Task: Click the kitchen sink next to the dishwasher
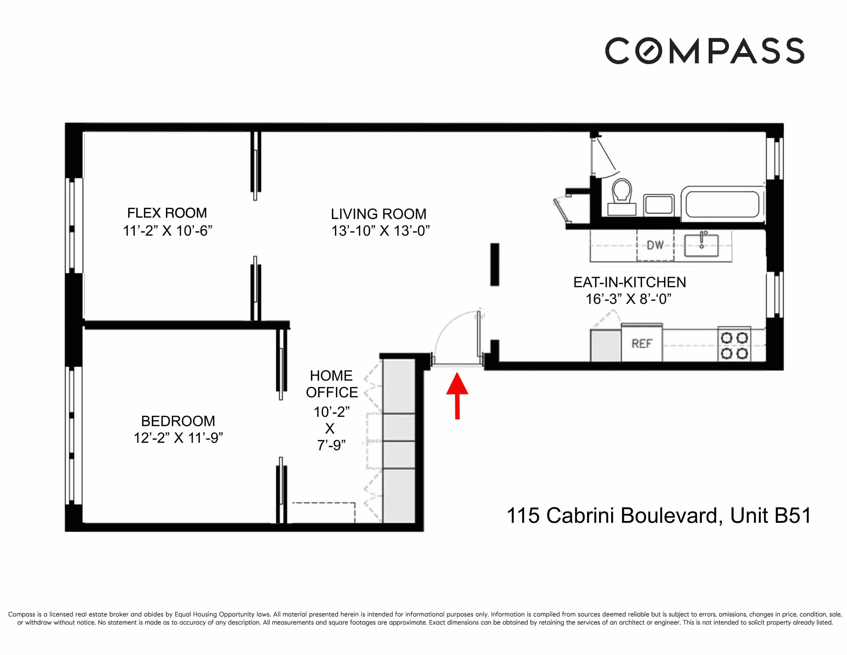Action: click(701, 245)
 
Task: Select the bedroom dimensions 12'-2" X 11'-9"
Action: click(178, 438)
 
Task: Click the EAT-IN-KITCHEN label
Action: click(629, 282)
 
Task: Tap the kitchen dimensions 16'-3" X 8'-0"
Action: click(628, 299)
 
